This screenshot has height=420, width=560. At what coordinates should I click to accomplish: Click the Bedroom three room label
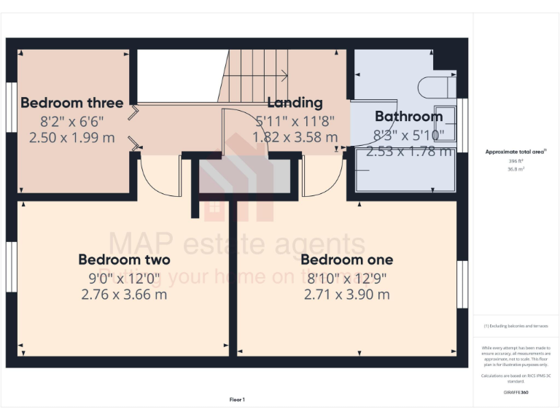click(x=72, y=103)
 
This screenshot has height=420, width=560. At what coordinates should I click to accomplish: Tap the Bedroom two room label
click(x=124, y=260)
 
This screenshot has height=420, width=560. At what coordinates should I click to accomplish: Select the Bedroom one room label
click(x=346, y=260)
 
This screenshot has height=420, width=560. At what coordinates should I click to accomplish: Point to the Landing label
click(x=295, y=103)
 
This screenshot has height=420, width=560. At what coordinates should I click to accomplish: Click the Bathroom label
click(x=408, y=117)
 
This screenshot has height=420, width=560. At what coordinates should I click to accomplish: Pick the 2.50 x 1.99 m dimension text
click(x=72, y=137)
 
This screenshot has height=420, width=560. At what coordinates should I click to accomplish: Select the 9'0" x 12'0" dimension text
click(x=124, y=278)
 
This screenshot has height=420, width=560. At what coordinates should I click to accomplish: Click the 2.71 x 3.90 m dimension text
click(x=346, y=295)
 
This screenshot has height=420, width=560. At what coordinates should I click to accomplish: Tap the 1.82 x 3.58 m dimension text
click(x=295, y=137)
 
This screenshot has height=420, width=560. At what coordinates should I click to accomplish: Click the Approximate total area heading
click(x=516, y=152)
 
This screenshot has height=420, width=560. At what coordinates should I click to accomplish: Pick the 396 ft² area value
click(x=516, y=160)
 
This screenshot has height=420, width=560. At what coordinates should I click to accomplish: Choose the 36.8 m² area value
click(x=516, y=168)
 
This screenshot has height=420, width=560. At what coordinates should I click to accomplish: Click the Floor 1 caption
click(x=237, y=400)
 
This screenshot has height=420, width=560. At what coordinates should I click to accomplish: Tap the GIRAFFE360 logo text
click(x=516, y=392)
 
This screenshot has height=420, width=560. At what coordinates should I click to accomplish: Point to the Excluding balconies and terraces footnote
click(x=516, y=326)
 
